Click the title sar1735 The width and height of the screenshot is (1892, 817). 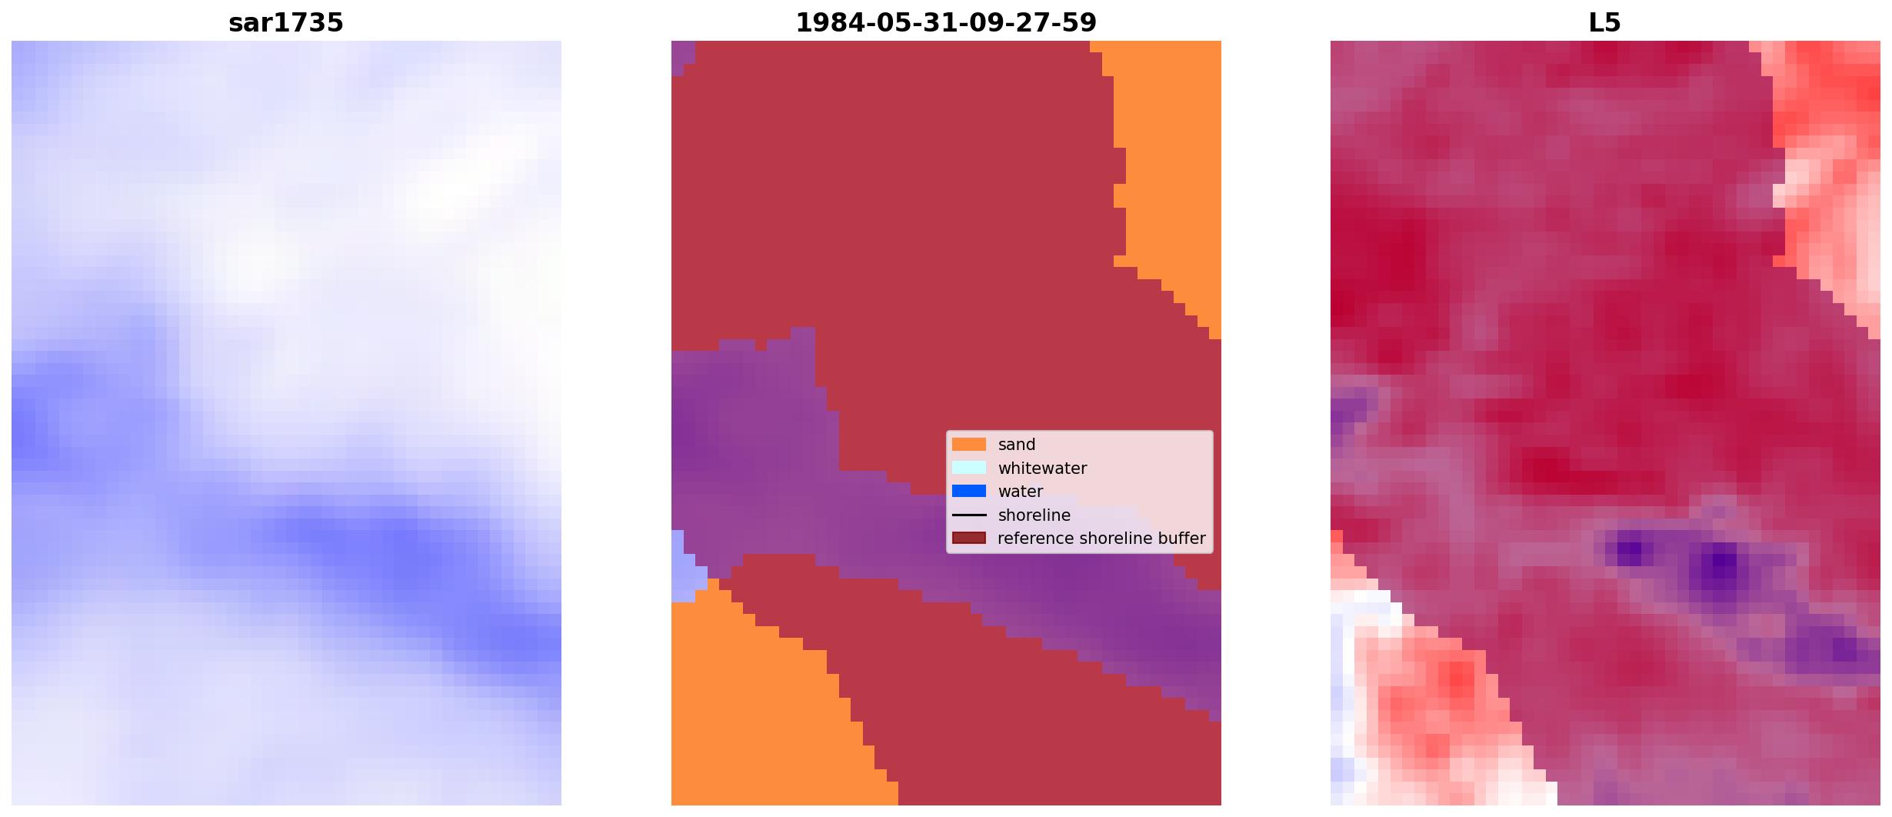pos(286,22)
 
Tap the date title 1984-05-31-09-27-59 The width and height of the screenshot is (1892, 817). pos(946,22)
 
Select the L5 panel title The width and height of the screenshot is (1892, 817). pos(1605,22)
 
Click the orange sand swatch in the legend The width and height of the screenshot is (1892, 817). pos(969,444)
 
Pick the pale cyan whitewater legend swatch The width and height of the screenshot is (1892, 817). pos(969,468)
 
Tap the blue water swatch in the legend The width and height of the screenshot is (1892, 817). pos(969,491)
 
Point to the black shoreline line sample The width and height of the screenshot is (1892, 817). pos(969,515)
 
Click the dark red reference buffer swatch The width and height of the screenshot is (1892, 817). pos(969,538)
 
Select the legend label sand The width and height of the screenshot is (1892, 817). pos(1017,445)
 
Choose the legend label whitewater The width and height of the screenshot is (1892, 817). pos(1042,468)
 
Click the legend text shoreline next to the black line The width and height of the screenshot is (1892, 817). pos(1034,515)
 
